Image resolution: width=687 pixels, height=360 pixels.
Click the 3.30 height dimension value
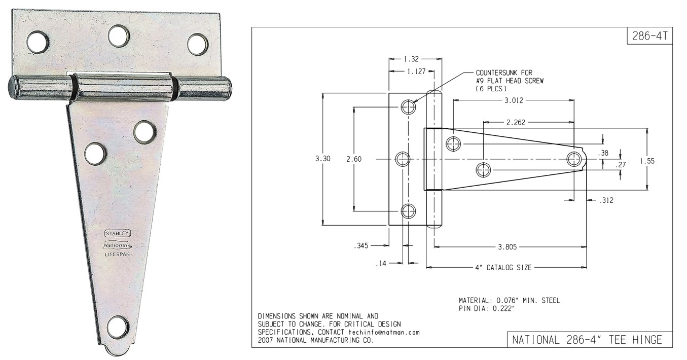[x=323, y=159]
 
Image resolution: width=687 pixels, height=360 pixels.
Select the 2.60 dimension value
[x=353, y=159]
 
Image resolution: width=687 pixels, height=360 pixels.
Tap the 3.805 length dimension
[x=508, y=247]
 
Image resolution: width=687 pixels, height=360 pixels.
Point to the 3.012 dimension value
[x=514, y=100]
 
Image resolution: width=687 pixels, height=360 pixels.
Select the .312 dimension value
[x=605, y=201]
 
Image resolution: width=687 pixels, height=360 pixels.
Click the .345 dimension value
[x=361, y=245]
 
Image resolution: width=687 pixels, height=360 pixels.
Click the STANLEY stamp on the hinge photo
[x=118, y=233]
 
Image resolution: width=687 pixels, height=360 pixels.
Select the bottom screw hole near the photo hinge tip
[x=118, y=327]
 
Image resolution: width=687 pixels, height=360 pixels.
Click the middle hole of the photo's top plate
[x=119, y=36]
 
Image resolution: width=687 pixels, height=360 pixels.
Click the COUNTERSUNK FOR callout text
[x=504, y=73]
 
